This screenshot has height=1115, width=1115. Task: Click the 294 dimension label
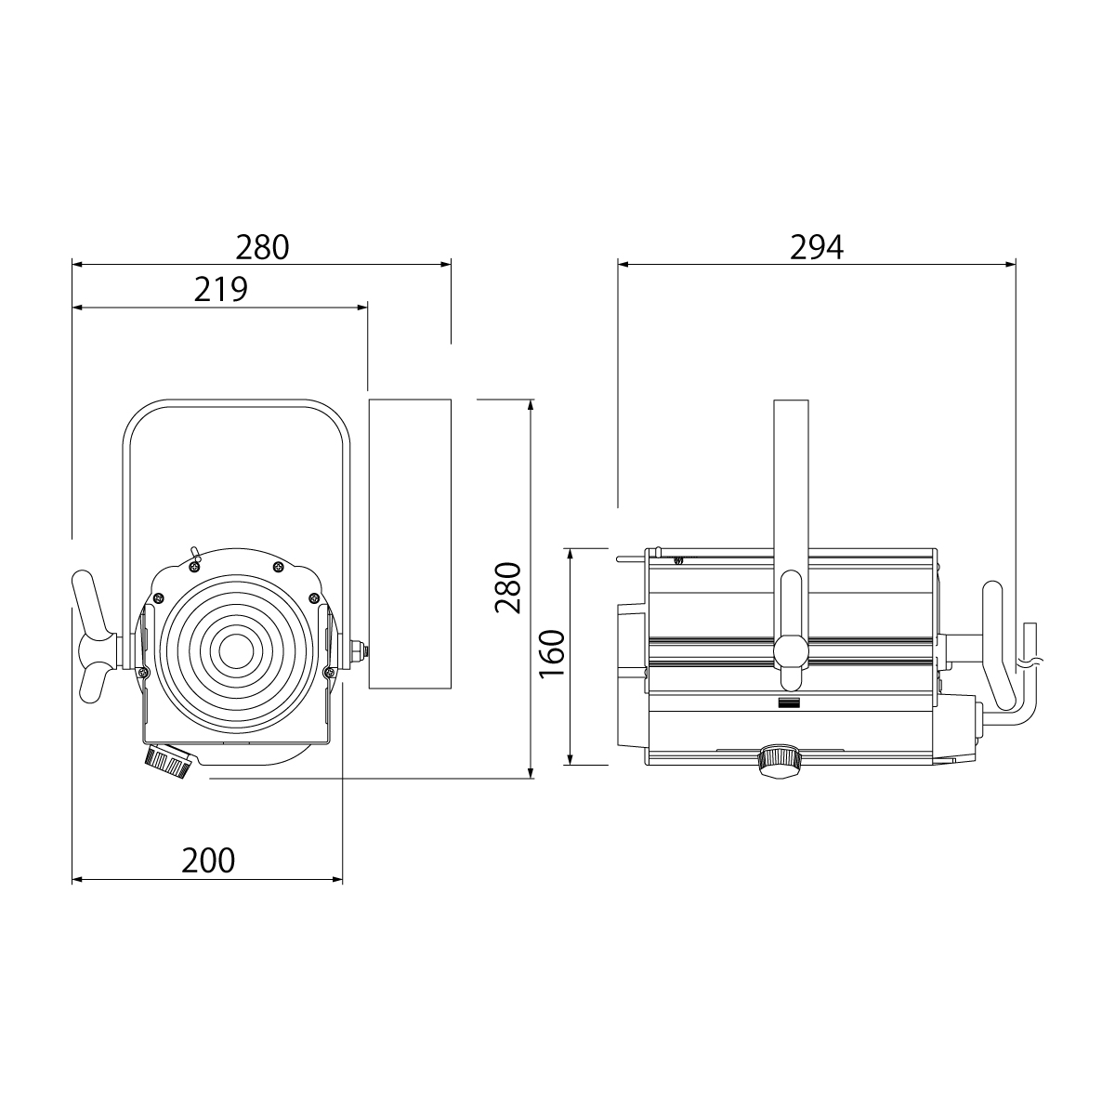coord(817,247)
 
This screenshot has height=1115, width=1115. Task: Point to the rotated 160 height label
coord(552,654)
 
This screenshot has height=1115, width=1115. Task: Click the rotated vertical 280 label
coord(508,587)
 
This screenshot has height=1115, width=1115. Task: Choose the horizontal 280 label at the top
coord(262,247)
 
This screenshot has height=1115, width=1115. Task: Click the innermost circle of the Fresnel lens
coord(235,653)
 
